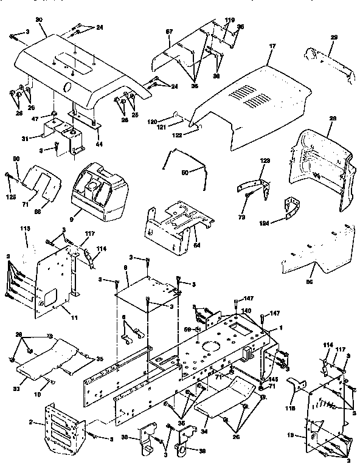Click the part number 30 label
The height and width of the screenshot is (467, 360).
click(40, 19)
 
